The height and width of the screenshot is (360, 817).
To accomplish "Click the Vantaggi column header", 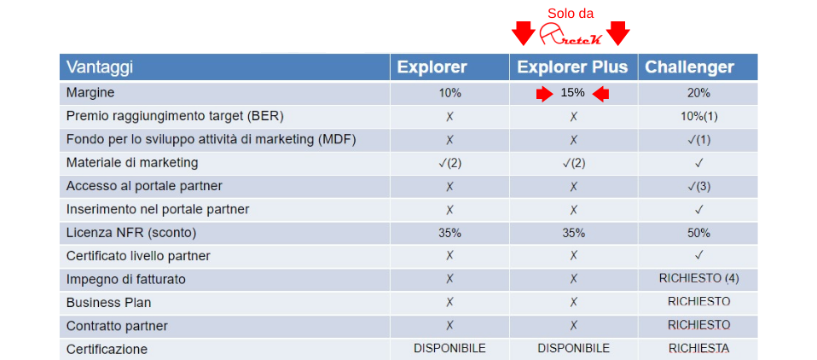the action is point(100,67).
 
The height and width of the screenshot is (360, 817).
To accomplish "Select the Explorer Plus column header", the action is point(572,67).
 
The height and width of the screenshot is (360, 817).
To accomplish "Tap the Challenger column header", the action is point(689,67).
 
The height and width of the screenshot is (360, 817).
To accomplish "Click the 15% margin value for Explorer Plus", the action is point(572,93).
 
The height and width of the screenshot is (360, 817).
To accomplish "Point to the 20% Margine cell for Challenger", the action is point(698,93).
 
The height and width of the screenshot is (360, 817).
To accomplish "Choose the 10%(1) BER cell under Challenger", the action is point(698,116).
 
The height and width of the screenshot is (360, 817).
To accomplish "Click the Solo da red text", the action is point(570,14).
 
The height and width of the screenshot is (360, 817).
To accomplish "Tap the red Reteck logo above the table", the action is point(571,34).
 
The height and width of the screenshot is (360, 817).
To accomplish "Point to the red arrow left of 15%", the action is point(545,95).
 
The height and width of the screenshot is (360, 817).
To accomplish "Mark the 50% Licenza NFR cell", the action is point(698,233).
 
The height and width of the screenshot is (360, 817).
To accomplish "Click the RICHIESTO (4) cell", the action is point(698,278).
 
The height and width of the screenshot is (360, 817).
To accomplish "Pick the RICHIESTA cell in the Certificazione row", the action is point(698,348).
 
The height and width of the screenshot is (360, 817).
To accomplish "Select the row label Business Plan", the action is point(109,302).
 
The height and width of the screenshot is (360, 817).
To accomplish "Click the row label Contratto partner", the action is point(117,326).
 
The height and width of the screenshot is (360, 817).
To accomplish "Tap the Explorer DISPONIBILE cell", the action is point(449,348).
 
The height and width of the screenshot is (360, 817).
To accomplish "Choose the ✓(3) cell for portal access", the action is point(698,186).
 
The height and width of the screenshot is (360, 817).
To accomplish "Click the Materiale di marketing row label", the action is point(132,163).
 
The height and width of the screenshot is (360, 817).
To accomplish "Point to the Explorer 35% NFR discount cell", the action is point(449,233).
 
